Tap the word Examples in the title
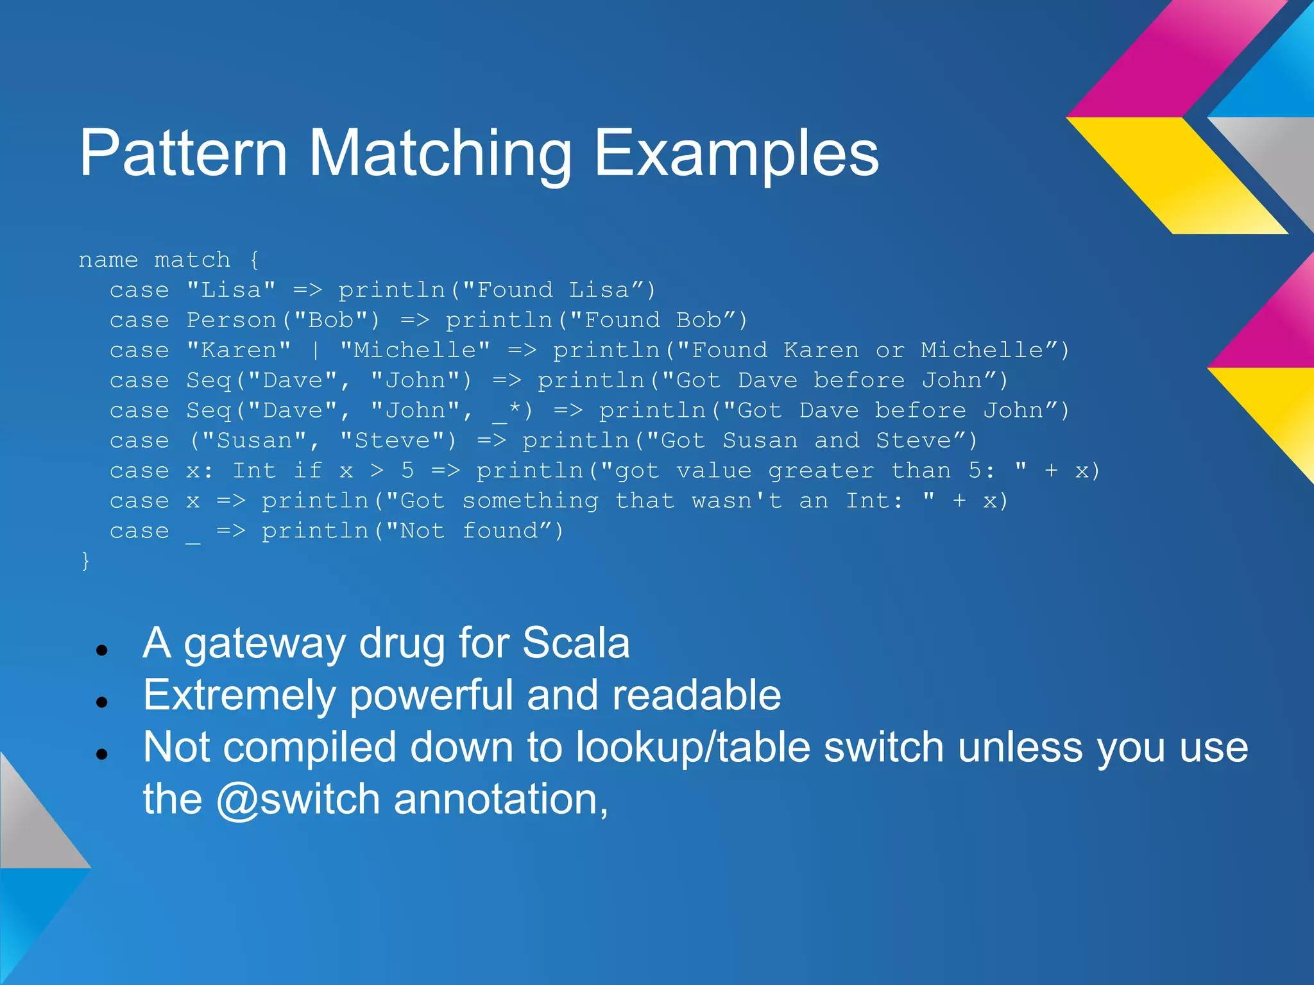point(736,154)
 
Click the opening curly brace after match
point(254,260)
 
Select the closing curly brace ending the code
point(85,560)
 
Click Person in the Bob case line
point(232,320)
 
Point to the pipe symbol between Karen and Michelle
point(316,351)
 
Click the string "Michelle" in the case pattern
point(415,350)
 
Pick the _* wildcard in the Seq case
point(508,411)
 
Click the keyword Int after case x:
point(254,471)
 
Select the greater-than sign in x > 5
point(377,471)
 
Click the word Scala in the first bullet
point(576,643)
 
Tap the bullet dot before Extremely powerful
point(101,702)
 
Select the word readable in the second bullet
point(696,695)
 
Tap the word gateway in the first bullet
point(264,644)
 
